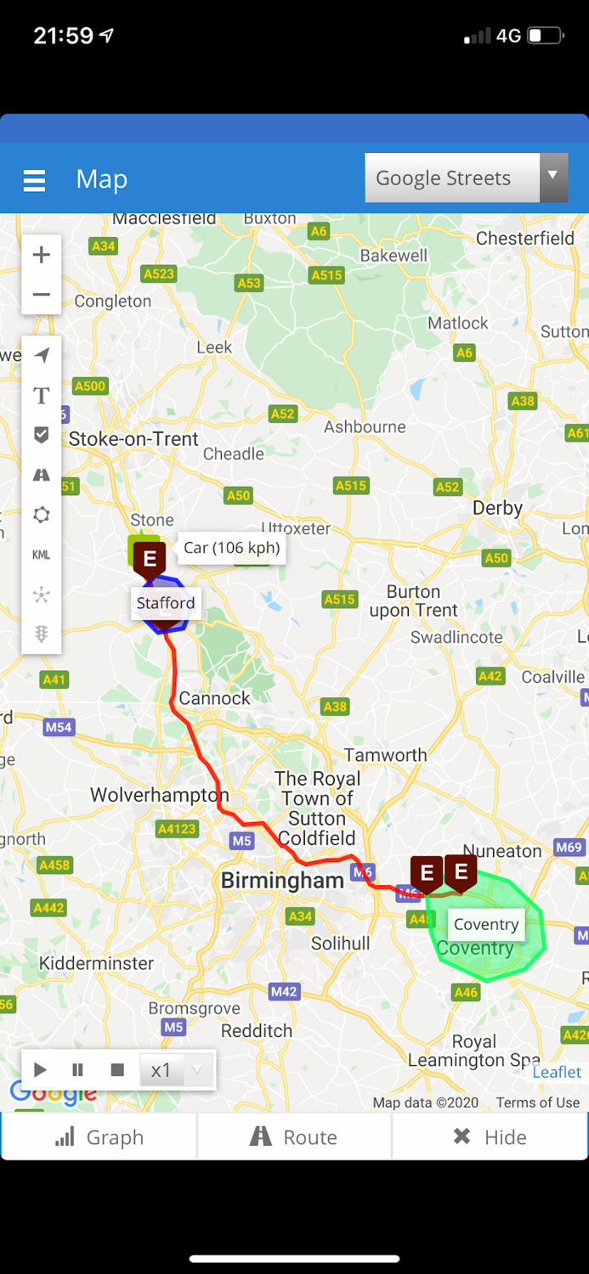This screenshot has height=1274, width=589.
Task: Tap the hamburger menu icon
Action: pyautogui.click(x=34, y=180)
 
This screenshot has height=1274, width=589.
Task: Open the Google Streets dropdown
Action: pyautogui.click(x=466, y=178)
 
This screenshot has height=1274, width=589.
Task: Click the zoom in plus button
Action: pyautogui.click(x=41, y=255)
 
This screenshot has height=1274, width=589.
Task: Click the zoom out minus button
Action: pyautogui.click(x=41, y=295)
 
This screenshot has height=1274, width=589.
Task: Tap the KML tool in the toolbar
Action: pyautogui.click(x=41, y=555)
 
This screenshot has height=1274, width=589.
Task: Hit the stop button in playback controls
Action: pyautogui.click(x=117, y=1070)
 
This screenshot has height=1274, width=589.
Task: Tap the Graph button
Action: pyautogui.click(x=99, y=1137)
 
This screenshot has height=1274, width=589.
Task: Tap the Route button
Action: pyautogui.click(x=294, y=1137)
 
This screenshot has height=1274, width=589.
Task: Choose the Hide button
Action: pyautogui.click(x=490, y=1137)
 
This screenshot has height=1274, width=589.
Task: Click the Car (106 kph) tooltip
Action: pyautogui.click(x=231, y=548)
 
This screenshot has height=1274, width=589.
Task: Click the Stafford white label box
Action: pyautogui.click(x=166, y=603)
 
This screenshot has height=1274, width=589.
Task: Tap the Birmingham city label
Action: pyautogui.click(x=282, y=881)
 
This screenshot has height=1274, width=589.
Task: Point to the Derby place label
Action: pyautogui.click(x=497, y=508)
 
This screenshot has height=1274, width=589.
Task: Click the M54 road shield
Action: pyautogui.click(x=59, y=727)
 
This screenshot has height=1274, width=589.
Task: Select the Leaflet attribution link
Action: pyautogui.click(x=557, y=1072)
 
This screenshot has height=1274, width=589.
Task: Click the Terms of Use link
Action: pyautogui.click(x=537, y=1102)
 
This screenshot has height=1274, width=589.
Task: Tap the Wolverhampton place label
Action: pyautogui.click(x=159, y=796)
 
